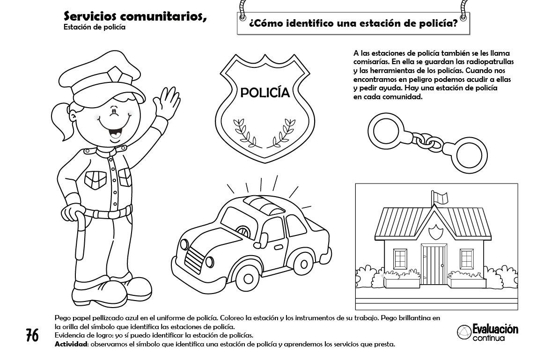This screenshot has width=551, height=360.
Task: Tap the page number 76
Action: pyautogui.click(x=32, y=336)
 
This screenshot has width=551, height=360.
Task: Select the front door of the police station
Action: pyautogui.click(x=433, y=261)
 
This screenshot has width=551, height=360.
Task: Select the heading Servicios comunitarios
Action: pyautogui.click(x=135, y=17)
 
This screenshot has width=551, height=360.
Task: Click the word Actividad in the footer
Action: pyautogui.click(x=71, y=345)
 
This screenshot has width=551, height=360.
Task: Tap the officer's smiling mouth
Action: pyautogui.click(x=113, y=133)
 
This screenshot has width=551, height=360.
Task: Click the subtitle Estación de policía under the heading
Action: pyautogui.click(x=94, y=27)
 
